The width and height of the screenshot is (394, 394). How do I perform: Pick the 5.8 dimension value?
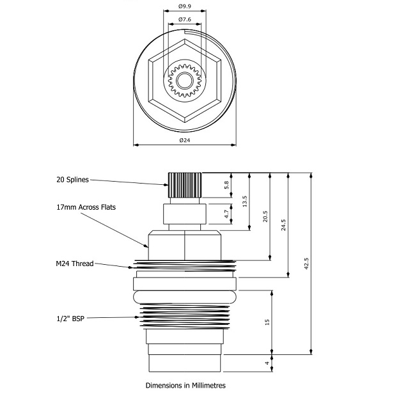tap(244, 184)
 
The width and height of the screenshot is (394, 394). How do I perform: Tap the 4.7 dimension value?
tap(244, 214)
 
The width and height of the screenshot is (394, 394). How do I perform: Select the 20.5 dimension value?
tap(264, 216)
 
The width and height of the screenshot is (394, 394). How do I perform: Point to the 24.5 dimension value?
tap(283, 226)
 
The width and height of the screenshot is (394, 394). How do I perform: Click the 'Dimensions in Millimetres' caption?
tap(185, 385)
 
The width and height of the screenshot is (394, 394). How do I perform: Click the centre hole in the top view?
tap(184, 80)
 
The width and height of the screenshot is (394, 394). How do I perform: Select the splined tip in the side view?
tap(184, 185)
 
